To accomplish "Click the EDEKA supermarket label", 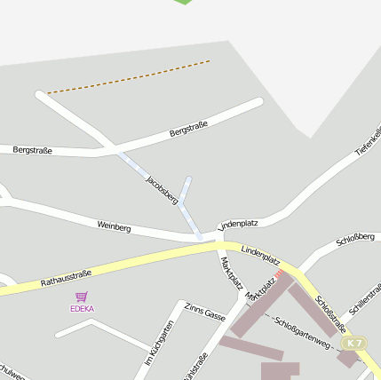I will [x=82, y=308].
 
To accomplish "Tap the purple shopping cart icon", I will [x=82, y=296].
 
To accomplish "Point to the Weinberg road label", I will [x=115, y=227].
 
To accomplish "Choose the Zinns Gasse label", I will [x=205, y=311].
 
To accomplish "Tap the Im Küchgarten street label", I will [x=159, y=344].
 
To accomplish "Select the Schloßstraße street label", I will [x=329, y=314].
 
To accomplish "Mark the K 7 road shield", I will [x=354, y=343].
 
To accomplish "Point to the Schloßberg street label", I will [x=353, y=241].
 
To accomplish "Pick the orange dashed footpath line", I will [x=129, y=76].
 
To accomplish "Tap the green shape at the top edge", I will [x=183, y=2].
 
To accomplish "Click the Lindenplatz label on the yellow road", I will [x=260, y=257].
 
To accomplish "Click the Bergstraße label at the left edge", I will [x=33, y=150].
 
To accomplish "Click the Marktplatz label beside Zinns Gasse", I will [x=230, y=272].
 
